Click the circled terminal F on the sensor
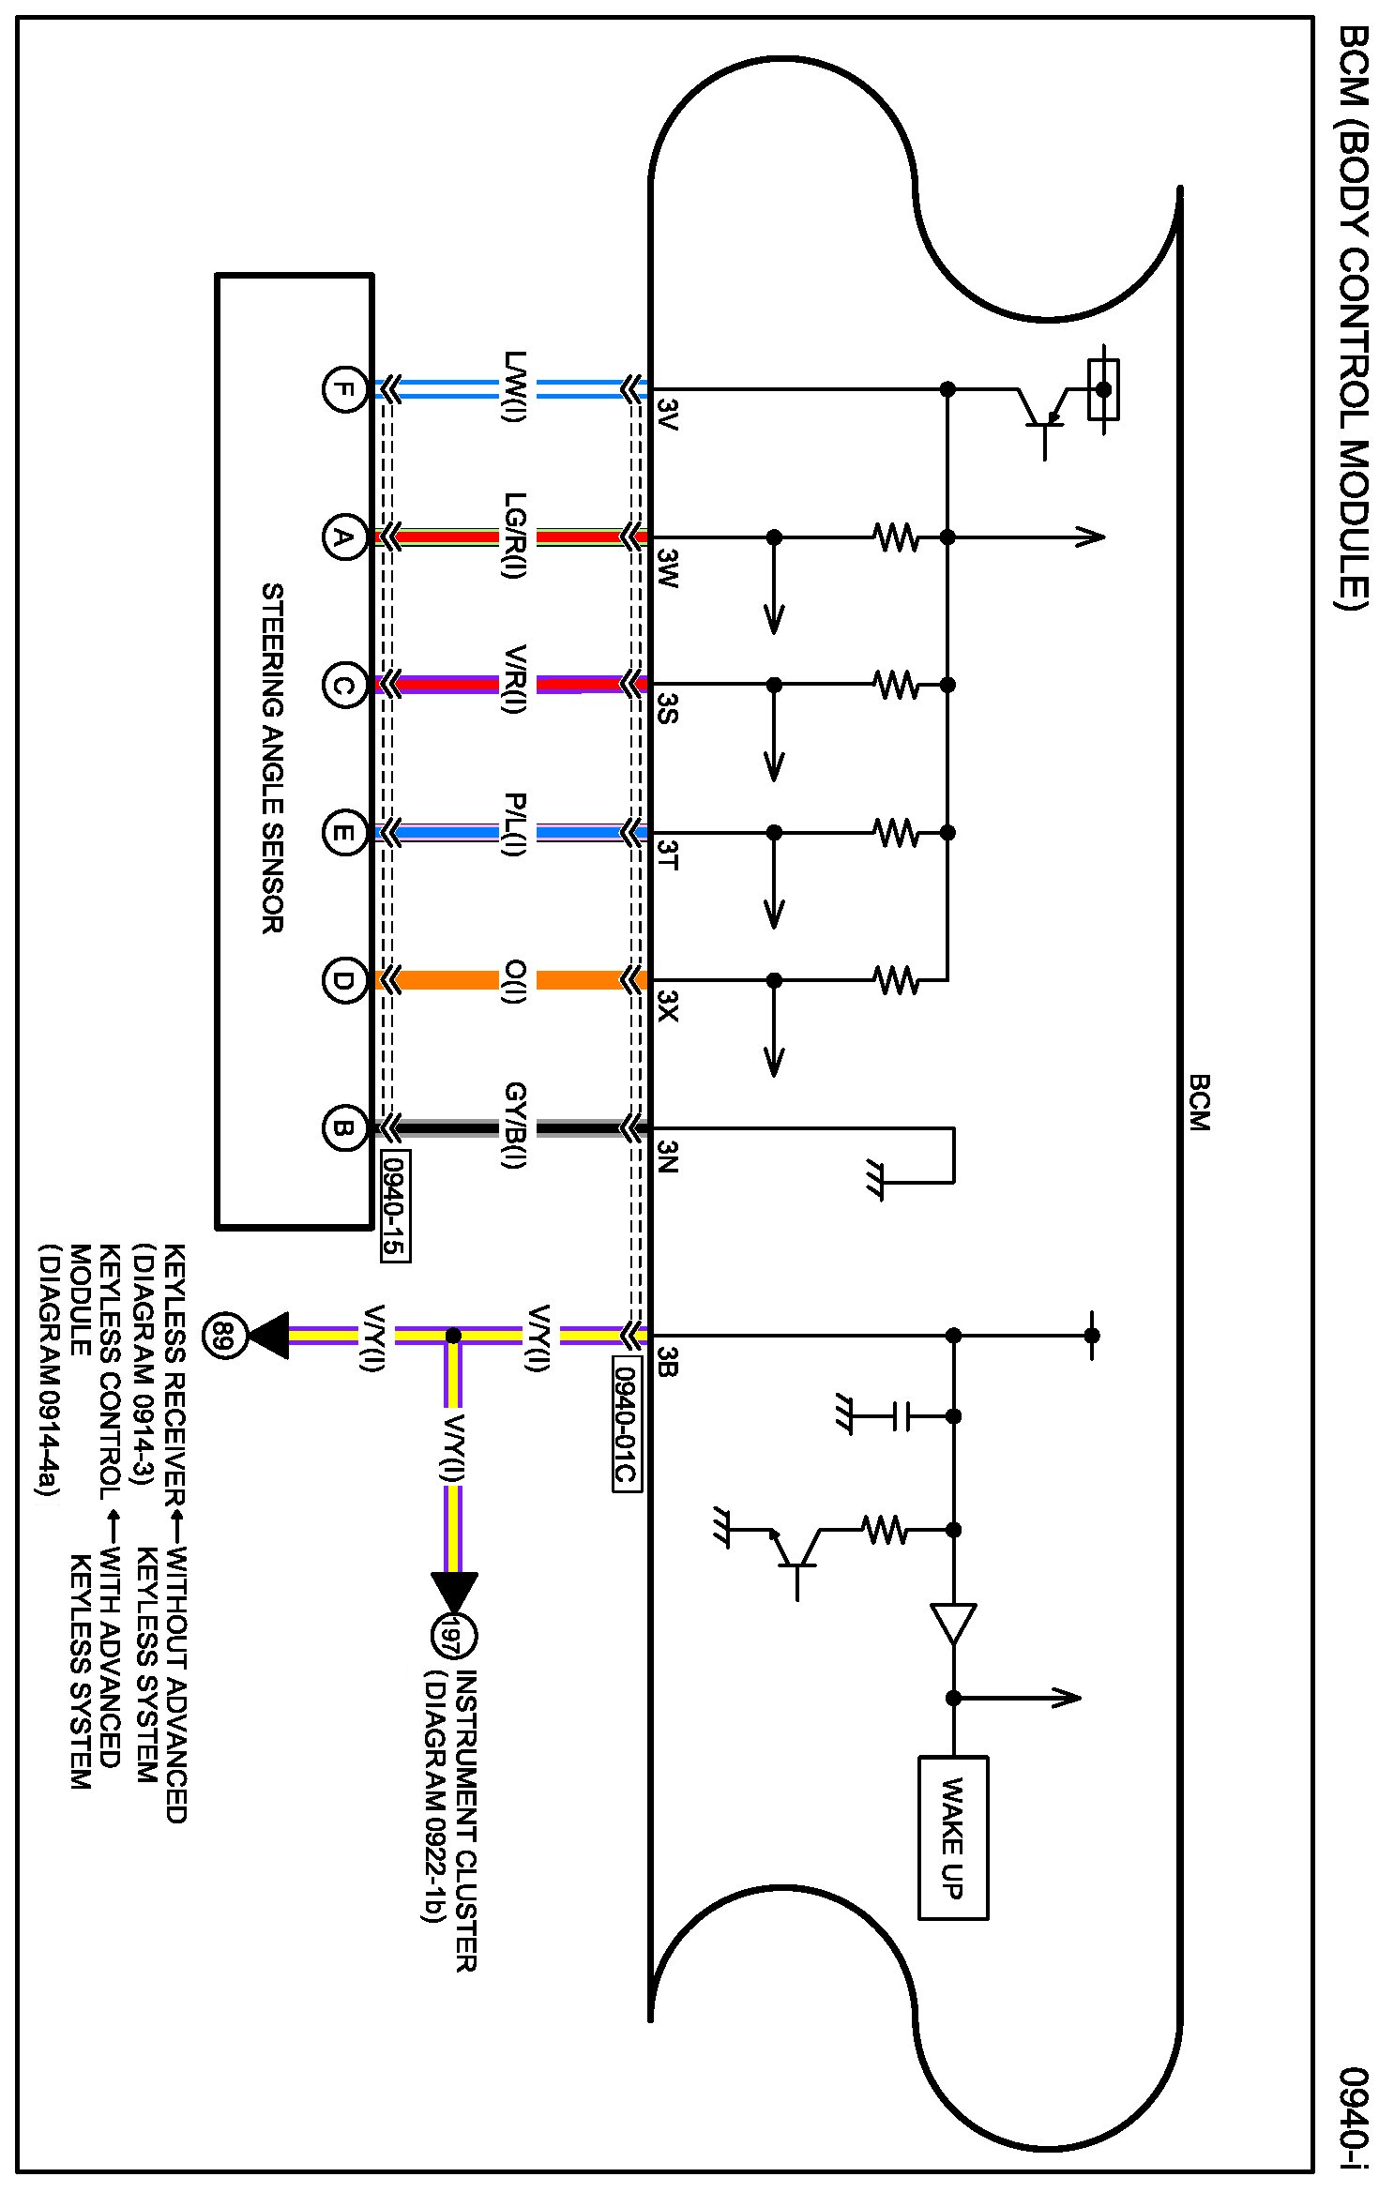(x=344, y=389)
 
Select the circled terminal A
(x=344, y=537)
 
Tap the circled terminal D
(x=344, y=980)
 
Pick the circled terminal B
(x=344, y=1128)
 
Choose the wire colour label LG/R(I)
(x=516, y=537)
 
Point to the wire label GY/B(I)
(x=516, y=1126)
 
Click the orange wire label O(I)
(x=516, y=981)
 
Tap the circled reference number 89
(x=223, y=1334)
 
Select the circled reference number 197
(x=454, y=1636)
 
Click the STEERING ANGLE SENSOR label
(x=272, y=758)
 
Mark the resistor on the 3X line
(x=896, y=980)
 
